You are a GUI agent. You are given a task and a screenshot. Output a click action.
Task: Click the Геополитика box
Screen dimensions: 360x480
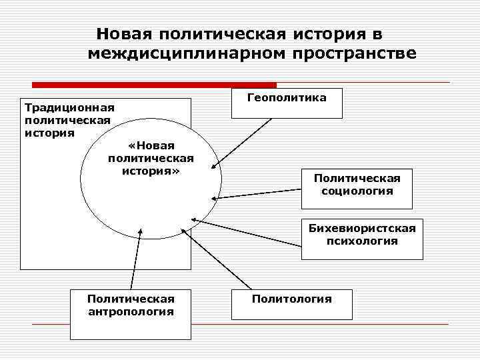pos(287,103)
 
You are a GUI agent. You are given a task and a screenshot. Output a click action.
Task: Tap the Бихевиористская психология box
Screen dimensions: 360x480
pos(361,238)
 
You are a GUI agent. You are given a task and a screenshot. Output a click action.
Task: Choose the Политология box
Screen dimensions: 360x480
pos(291,305)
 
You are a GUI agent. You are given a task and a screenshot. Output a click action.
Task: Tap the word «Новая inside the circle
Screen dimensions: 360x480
pos(150,146)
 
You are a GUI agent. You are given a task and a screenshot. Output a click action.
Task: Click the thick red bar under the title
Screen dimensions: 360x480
pos(154,85)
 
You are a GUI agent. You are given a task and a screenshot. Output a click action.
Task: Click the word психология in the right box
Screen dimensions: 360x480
pos(361,241)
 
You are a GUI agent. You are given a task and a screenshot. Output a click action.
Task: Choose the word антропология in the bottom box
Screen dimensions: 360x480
pos(131,311)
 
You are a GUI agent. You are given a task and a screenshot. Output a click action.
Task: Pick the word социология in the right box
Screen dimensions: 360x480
pos(357,191)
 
